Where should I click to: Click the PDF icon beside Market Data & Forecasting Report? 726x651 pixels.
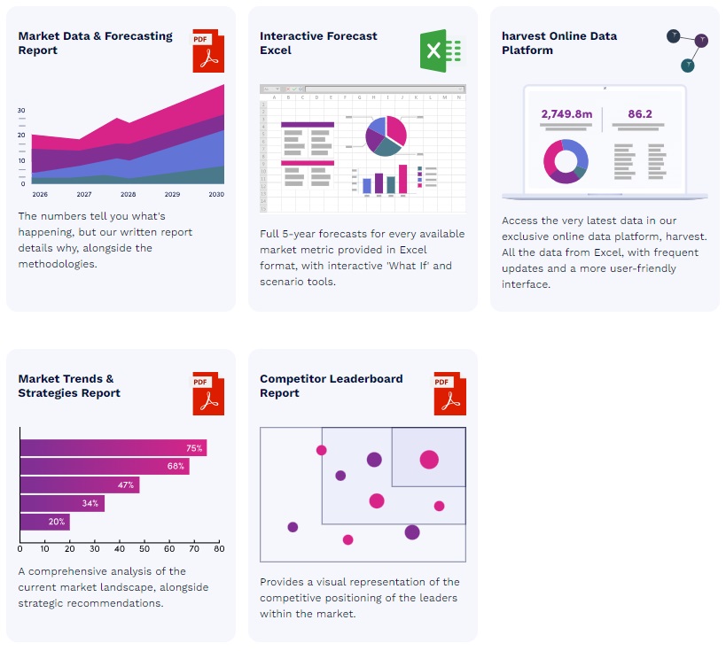tap(208, 50)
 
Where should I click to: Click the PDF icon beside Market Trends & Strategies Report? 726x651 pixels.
tap(208, 393)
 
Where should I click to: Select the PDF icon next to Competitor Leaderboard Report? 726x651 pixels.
tap(449, 393)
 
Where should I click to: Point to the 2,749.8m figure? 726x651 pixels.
tap(566, 114)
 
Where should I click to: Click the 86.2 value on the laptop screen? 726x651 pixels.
tap(639, 114)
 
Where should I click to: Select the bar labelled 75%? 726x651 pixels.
tap(113, 448)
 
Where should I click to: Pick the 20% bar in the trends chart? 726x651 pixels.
tap(44, 522)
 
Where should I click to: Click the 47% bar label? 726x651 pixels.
tap(126, 485)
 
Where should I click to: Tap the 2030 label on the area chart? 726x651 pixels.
tap(216, 194)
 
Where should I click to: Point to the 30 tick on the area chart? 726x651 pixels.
tap(21, 111)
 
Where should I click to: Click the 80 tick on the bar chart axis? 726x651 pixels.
tap(219, 549)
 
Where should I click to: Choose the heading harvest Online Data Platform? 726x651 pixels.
tap(558, 43)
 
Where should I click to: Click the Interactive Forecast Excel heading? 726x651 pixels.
tap(318, 43)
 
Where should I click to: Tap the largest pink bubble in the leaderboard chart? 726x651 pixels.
tap(429, 459)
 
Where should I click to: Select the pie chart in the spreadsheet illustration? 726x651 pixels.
tap(386, 136)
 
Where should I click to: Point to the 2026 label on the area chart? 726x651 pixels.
tap(40, 194)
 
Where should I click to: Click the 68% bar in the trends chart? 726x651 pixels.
tap(104, 466)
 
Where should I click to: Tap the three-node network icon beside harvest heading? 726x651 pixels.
tap(687, 50)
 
